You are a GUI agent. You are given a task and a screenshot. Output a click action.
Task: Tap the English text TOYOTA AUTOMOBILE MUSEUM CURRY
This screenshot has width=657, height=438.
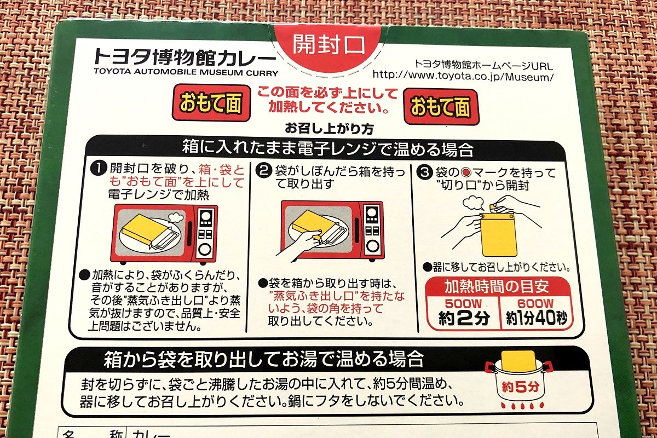pos(186,72)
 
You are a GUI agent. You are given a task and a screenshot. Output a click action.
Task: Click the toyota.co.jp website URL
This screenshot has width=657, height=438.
pos(463,76)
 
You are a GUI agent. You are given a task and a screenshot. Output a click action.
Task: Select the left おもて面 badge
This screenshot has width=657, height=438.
pos(211,103)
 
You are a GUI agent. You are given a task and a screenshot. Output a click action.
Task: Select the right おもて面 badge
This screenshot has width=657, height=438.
pos(441,107)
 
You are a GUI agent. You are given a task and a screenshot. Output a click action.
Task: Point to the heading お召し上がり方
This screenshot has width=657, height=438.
pos(329,129)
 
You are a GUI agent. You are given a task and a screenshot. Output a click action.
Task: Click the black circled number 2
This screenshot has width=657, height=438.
pos(263,171)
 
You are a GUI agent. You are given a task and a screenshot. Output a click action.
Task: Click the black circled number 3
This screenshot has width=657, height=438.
pos(424,172)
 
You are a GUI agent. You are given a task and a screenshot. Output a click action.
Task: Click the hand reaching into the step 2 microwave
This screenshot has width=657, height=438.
pos(299,244)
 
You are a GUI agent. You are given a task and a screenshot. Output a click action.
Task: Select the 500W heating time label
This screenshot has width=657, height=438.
pos(463,304)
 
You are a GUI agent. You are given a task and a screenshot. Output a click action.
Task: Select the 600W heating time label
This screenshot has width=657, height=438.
pos(535,304)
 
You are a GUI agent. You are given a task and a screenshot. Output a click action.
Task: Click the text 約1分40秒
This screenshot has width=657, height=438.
pos(537,318)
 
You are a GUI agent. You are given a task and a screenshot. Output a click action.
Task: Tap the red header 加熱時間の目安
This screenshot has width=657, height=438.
pos(497,287)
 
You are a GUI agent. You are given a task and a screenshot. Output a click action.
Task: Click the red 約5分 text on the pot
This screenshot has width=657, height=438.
pos(520,387)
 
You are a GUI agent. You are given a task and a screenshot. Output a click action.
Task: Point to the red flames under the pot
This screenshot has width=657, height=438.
pos(522,406)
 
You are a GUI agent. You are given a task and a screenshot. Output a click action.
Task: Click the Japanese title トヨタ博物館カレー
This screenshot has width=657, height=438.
pos(185,56)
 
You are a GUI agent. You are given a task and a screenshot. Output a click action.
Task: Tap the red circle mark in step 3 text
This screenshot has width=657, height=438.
pos(465,172)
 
